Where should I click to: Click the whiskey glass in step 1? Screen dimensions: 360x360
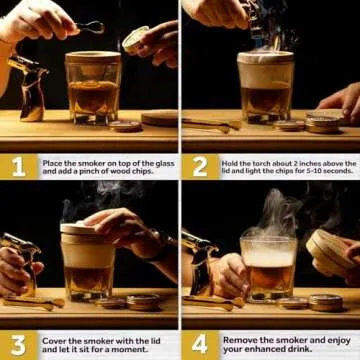click(x=93, y=90)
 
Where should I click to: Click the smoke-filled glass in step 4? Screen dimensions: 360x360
click(x=268, y=265)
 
